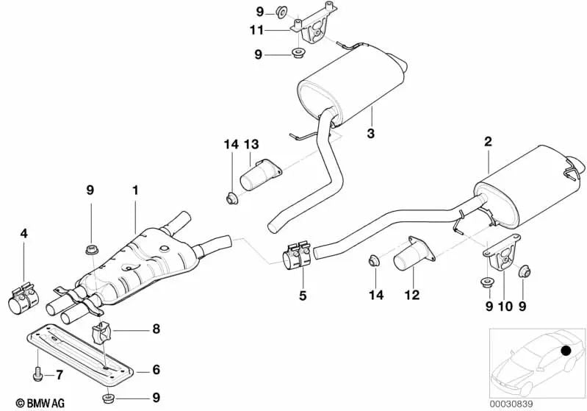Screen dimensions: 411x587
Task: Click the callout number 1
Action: [x=135, y=190]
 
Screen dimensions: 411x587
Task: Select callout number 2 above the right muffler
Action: [x=488, y=140]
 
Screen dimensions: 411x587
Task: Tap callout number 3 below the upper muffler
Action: [x=371, y=134]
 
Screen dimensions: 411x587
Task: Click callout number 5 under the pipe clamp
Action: [x=302, y=298]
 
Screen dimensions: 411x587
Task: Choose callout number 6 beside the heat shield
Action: [x=156, y=370]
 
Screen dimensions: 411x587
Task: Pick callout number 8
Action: [x=156, y=330]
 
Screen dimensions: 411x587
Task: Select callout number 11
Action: [x=256, y=30]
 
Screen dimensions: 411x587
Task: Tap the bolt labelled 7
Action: [x=37, y=376]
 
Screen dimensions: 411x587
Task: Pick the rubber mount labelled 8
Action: [x=101, y=332]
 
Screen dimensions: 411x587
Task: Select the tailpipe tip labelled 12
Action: [x=410, y=257]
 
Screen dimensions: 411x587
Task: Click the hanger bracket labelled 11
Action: [x=315, y=27]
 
